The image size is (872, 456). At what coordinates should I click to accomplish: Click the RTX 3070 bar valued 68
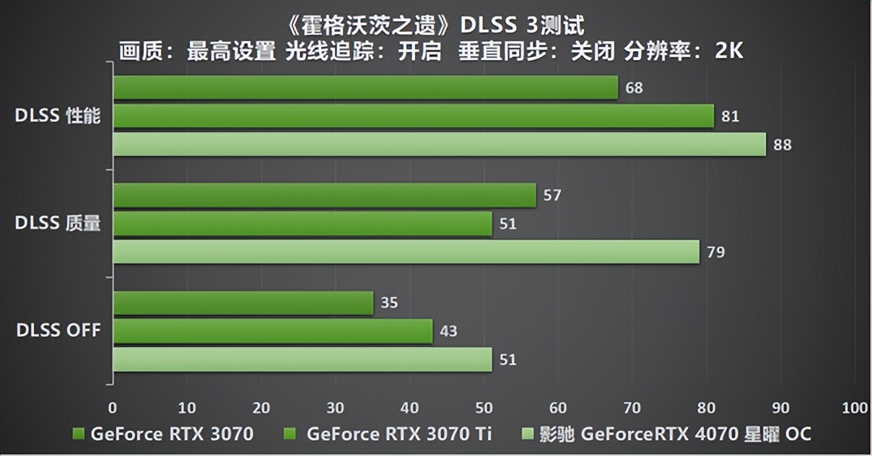(365, 88)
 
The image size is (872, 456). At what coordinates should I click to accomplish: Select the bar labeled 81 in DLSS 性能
(413, 116)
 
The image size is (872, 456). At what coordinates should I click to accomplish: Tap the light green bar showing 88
(439, 144)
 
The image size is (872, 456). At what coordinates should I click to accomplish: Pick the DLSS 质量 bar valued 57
(324, 196)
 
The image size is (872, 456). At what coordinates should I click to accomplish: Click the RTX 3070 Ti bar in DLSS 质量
(302, 224)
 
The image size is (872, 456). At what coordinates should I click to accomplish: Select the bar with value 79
(406, 252)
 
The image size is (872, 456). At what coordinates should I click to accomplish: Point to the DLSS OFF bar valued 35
(243, 303)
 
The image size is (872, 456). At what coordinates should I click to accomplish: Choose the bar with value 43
(272, 331)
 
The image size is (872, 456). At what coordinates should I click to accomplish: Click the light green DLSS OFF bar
(302, 359)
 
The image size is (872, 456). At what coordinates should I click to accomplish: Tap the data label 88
(782, 145)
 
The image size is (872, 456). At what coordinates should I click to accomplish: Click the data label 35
(389, 303)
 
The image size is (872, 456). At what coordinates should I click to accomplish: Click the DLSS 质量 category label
(58, 224)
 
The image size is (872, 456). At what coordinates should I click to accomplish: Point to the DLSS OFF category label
(58, 331)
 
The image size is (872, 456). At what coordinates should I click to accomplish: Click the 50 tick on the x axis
(484, 408)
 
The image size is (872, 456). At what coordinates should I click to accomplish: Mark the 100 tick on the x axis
(854, 408)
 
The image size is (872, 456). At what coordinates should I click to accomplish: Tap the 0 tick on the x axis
(113, 408)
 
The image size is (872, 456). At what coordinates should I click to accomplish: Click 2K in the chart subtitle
(729, 51)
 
